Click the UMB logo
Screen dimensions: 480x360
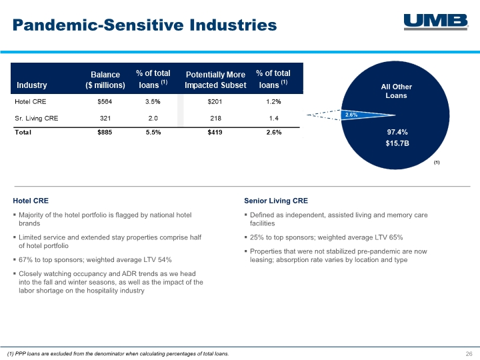pos(436,22)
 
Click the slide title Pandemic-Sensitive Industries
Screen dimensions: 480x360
pos(145,25)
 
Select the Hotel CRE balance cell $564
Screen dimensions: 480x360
pos(105,101)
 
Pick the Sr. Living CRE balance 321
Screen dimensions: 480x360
pos(105,118)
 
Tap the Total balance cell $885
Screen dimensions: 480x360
pos(105,132)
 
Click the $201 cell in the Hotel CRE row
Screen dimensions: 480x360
pos(215,101)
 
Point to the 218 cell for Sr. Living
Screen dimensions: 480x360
pos(215,118)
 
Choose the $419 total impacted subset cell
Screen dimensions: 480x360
pos(215,132)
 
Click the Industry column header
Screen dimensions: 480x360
pos(31,85)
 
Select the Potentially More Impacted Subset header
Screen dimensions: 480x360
pos(215,79)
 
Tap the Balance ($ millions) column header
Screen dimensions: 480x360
pos(105,79)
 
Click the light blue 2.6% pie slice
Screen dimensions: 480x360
pos(364,115)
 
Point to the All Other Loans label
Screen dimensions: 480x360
pos(397,91)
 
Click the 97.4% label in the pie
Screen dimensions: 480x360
pos(397,132)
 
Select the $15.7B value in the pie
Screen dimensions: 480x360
pos(397,143)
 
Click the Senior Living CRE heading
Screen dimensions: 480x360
pos(276,201)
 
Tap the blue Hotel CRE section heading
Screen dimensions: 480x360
pos(31,201)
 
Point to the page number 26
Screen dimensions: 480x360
pos(469,353)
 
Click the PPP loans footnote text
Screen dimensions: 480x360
pos(118,353)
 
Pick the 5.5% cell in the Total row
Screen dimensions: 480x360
pos(153,132)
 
